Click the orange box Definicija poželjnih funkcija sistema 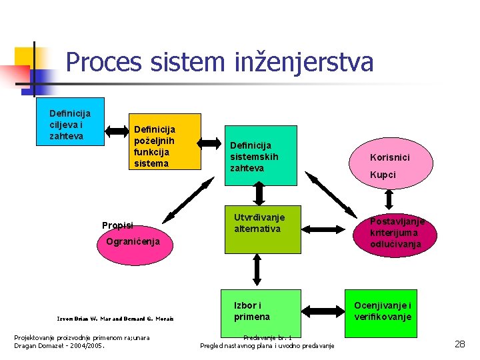tap(165, 141)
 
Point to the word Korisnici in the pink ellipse tap(391, 157)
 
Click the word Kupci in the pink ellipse tap(383, 175)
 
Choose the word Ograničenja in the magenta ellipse tap(133, 241)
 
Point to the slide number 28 tap(460, 344)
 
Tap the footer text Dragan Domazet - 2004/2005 tap(59, 345)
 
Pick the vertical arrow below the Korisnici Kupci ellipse tap(389, 200)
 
